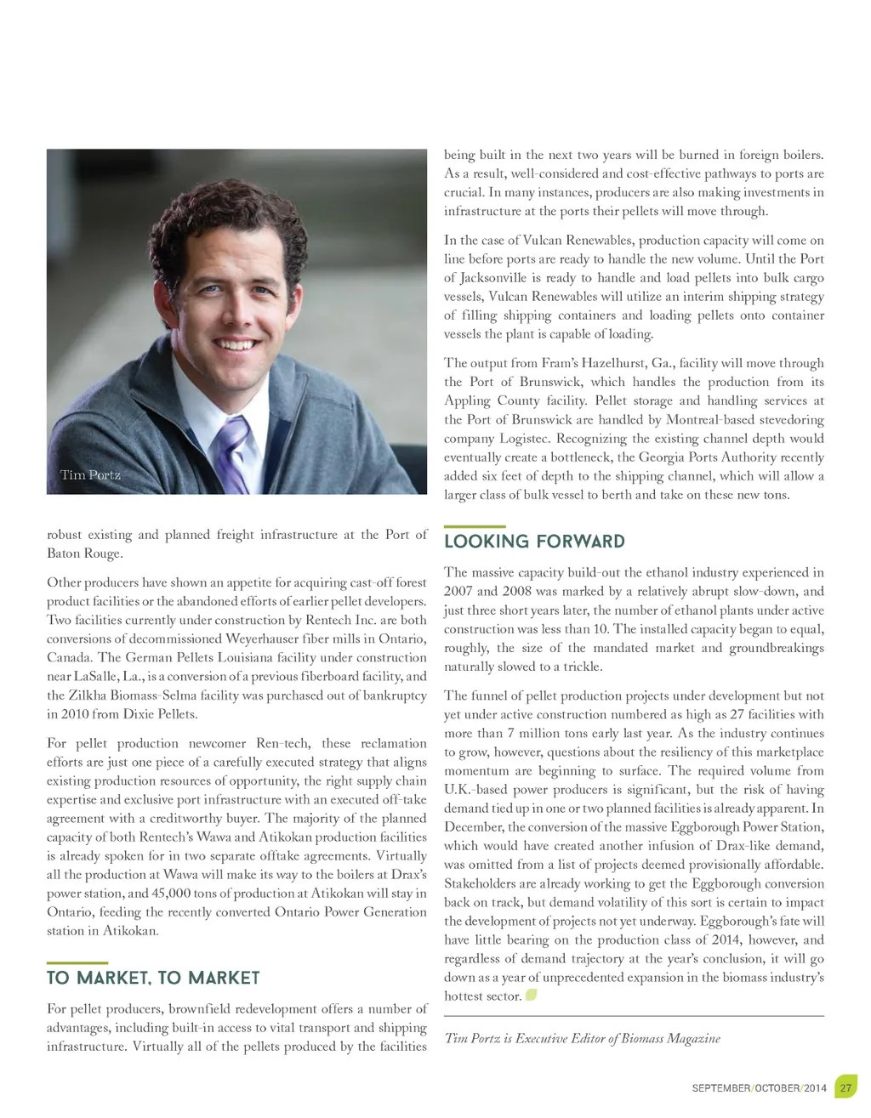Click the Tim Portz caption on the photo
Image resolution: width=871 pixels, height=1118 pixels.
pyautogui.click(x=90, y=474)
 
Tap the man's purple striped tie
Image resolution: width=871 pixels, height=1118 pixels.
pyautogui.click(x=233, y=450)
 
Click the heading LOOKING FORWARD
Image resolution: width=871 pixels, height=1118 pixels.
pyautogui.click(x=534, y=542)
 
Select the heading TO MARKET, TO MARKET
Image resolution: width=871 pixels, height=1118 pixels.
pyautogui.click(x=153, y=978)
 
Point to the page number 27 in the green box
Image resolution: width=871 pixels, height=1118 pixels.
pyautogui.click(x=845, y=1087)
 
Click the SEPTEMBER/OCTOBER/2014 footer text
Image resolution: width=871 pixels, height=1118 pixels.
pyautogui.click(x=759, y=1088)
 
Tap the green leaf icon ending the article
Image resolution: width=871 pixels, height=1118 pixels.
pyautogui.click(x=532, y=995)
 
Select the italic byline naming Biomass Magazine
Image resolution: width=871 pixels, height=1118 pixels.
pyautogui.click(x=582, y=1038)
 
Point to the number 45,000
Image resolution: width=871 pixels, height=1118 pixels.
pyautogui.click(x=176, y=894)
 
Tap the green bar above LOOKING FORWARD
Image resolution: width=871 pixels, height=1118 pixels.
pyautogui.click(x=475, y=527)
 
